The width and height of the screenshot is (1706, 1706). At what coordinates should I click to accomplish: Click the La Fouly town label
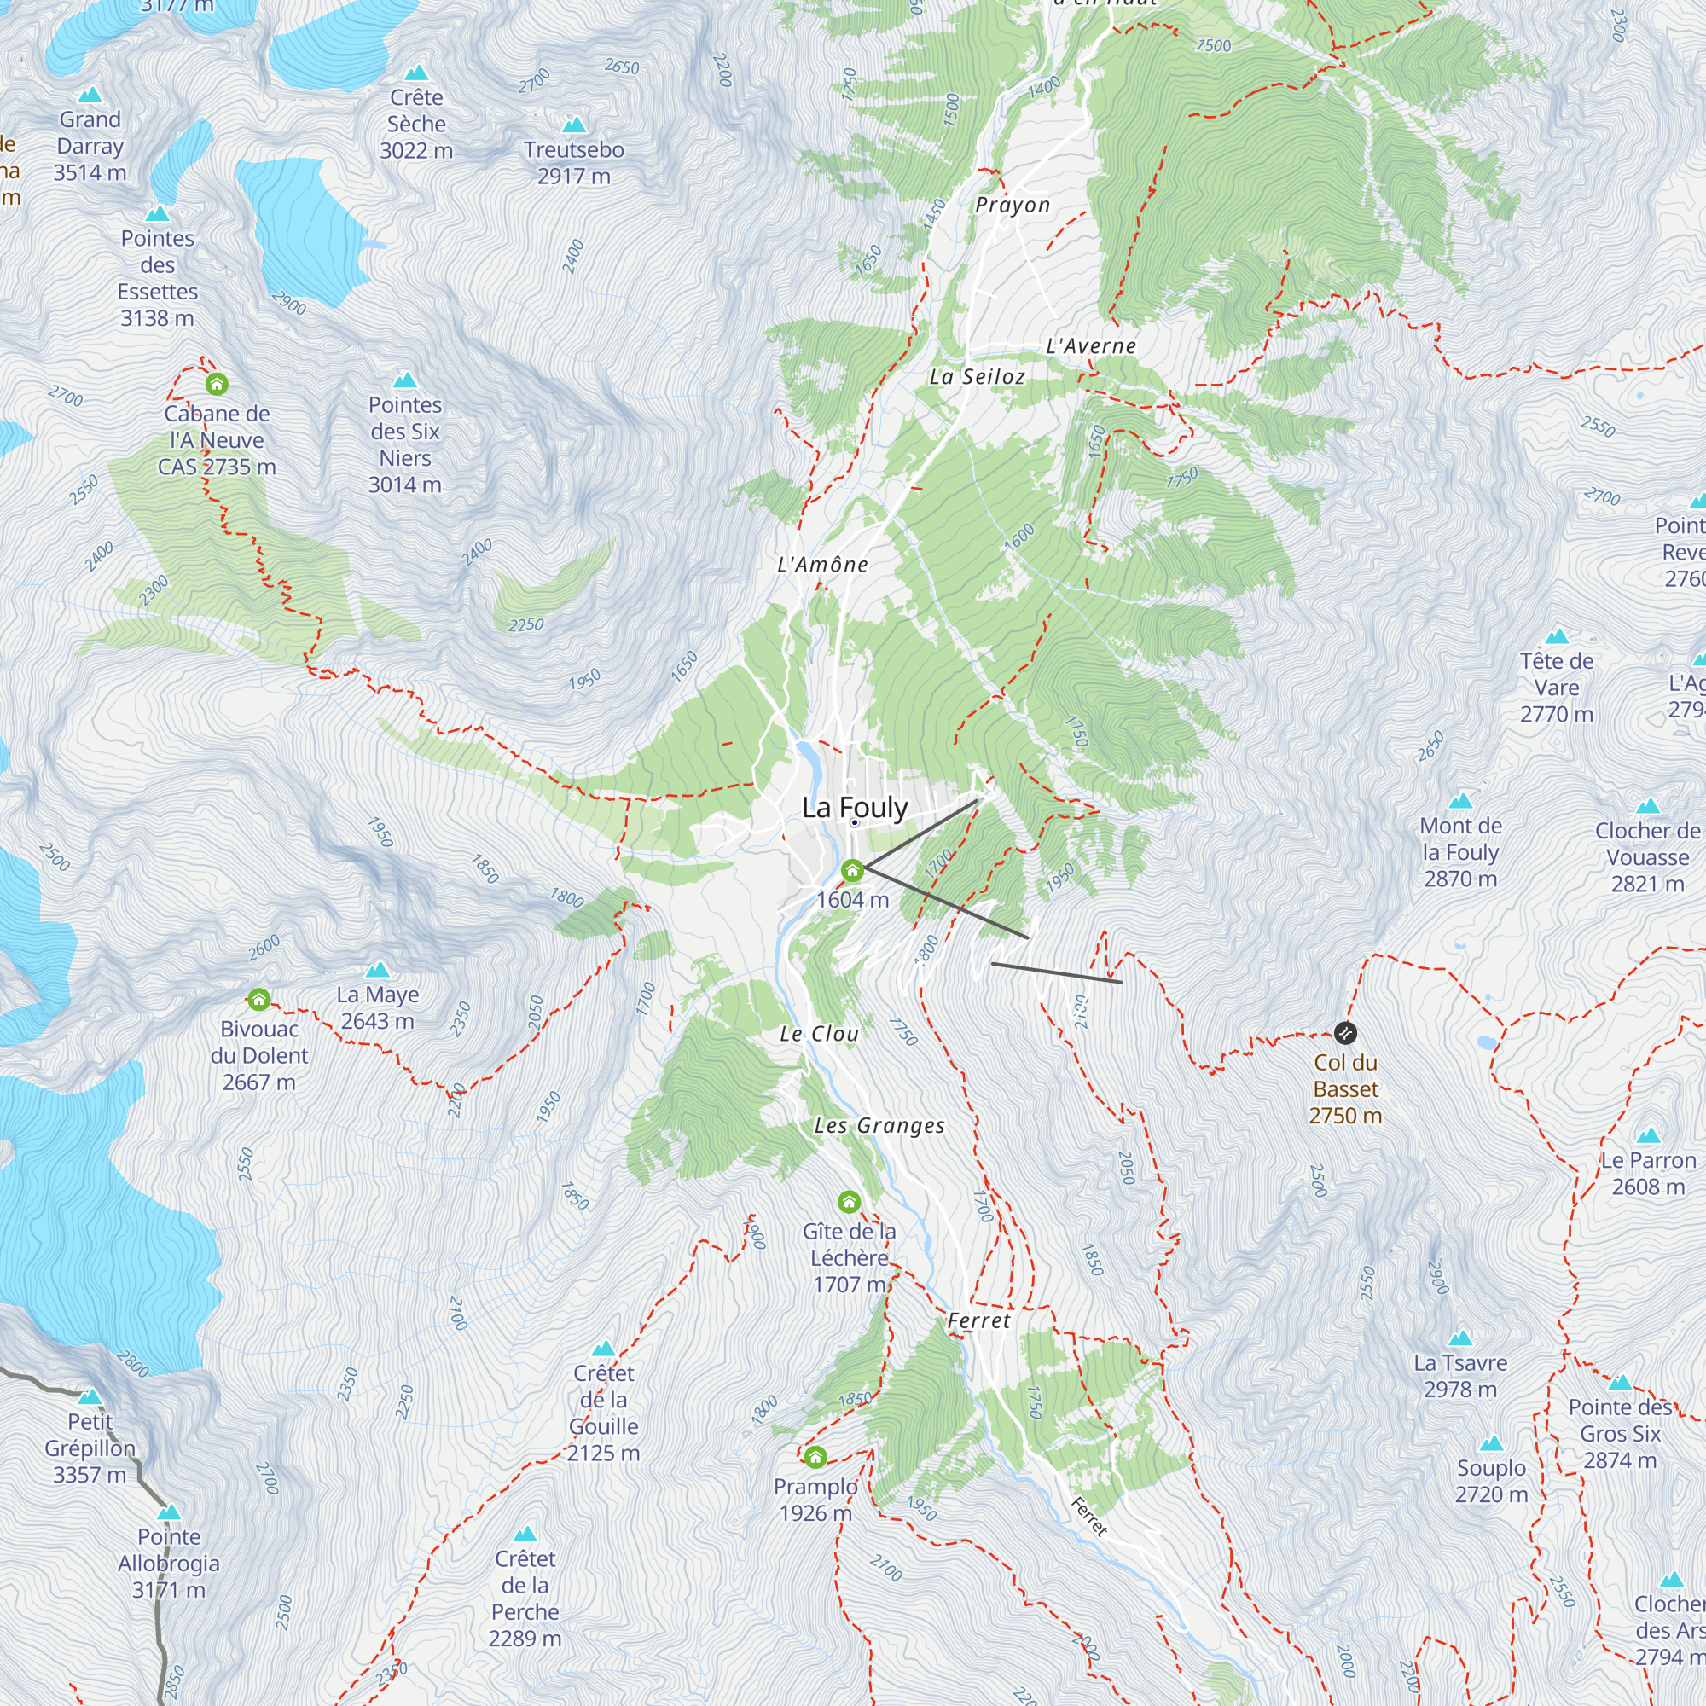[854, 807]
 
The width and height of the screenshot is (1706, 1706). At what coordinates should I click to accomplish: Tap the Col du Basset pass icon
[1345, 1032]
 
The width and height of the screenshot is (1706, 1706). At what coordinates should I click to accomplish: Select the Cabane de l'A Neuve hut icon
[218, 384]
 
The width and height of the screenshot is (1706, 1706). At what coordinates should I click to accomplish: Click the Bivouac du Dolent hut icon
[258, 1000]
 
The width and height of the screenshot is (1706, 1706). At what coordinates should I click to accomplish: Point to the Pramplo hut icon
[815, 1457]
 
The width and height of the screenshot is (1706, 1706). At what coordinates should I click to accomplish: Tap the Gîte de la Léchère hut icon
[849, 1202]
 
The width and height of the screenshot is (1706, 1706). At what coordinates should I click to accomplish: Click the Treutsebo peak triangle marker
[574, 125]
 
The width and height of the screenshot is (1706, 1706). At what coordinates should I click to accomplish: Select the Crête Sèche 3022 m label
[416, 124]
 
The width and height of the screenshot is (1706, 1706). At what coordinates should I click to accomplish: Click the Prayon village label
[1012, 205]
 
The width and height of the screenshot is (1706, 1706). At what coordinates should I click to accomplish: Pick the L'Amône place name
[822, 564]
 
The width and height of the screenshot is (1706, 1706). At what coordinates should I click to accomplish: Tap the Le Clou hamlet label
[819, 1034]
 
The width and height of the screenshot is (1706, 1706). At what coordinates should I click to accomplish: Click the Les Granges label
[879, 1126]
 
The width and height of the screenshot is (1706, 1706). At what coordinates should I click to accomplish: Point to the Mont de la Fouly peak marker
[1460, 801]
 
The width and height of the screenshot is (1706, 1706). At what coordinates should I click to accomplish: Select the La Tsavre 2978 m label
[1459, 1376]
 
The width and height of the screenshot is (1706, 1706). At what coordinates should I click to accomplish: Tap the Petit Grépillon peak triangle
[90, 1398]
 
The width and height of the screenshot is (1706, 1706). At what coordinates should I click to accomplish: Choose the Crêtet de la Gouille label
[603, 1413]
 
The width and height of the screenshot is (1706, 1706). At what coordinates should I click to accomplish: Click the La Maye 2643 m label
[377, 1007]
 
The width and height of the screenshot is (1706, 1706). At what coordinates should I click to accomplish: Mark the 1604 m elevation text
[852, 900]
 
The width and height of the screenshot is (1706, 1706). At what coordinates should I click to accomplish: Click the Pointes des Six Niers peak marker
[404, 380]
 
